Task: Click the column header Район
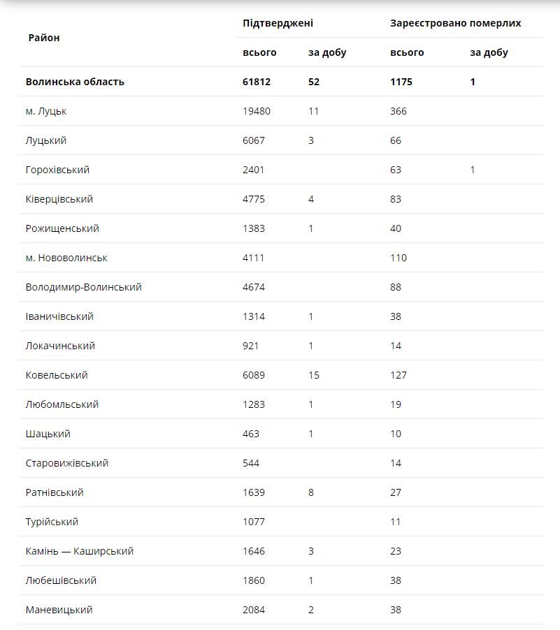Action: tap(44, 38)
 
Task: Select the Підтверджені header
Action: tap(278, 23)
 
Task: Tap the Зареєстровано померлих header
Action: tap(455, 23)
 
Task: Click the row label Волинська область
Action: tap(75, 82)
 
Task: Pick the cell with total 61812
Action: tap(257, 82)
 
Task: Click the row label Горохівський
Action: tap(57, 170)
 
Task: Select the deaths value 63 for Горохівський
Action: tap(396, 170)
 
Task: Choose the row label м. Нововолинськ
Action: tap(66, 258)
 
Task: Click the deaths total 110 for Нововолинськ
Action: tap(399, 258)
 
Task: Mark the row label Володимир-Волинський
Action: tap(83, 287)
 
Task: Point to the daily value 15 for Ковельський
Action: tap(314, 375)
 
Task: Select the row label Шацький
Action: tap(48, 434)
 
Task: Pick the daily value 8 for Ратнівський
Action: tap(311, 492)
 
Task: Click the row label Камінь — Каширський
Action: tap(79, 551)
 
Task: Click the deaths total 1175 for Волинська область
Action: tap(401, 82)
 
